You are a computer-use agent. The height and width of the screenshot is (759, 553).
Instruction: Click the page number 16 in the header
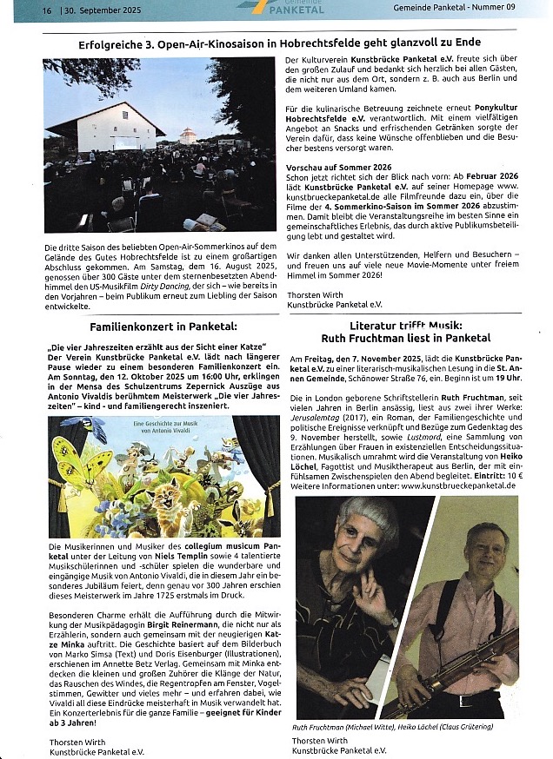45,10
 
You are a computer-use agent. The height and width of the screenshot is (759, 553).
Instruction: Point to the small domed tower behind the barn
188,135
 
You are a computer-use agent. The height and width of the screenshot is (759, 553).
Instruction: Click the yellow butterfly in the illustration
74,460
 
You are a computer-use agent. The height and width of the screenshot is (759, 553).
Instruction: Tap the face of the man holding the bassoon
489,544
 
